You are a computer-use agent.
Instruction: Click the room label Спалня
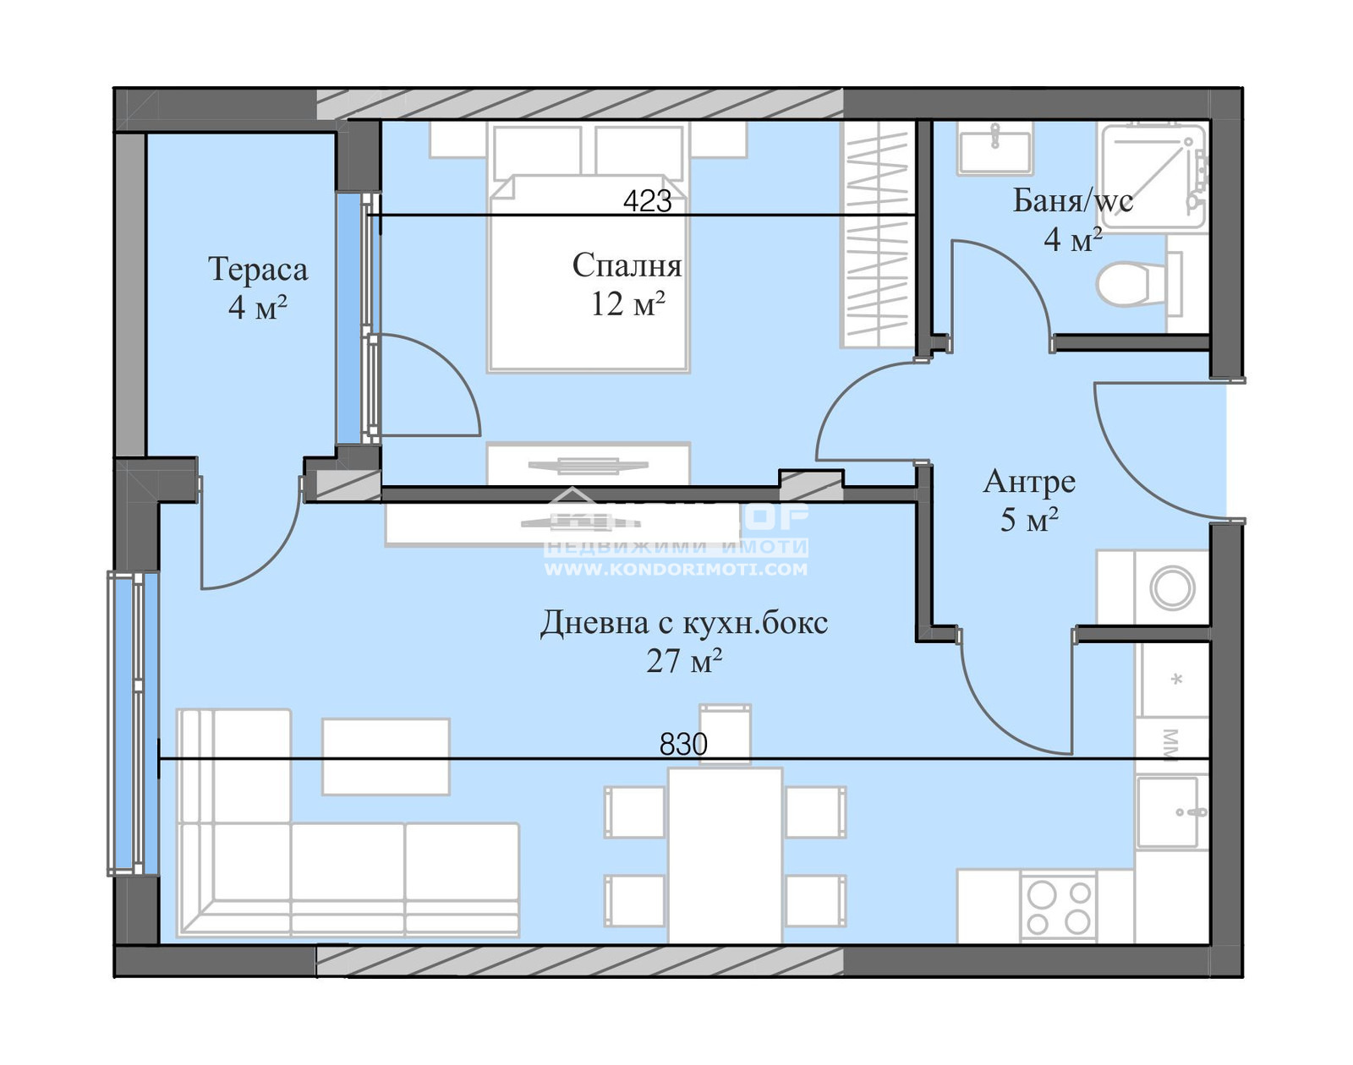click(x=627, y=265)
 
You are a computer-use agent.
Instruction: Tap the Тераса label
click(x=258, y=270)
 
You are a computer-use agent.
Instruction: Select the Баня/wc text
click(x=1072, y=201)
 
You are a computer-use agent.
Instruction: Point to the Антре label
click(x=1029, y=482)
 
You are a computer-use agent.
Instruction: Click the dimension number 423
click(x=647, y=201)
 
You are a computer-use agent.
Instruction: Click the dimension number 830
click(x=683, y=744)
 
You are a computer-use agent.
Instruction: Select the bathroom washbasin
click(x=994, y=149)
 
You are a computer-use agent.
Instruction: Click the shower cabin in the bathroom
click(x=1152, y=176)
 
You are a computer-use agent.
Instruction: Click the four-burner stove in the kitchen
click(x=1059, y=908)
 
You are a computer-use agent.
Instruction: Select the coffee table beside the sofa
click(x=386, y=756)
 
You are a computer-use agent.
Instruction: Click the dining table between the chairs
click(x=725, y=854)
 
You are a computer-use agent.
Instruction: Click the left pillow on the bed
click(x=537, y=152)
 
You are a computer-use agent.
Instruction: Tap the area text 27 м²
click(x=683, y=661)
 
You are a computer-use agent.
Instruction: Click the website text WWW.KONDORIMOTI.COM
click(x=675, y=570)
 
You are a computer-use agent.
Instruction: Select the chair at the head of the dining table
click(x=725, y=732)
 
